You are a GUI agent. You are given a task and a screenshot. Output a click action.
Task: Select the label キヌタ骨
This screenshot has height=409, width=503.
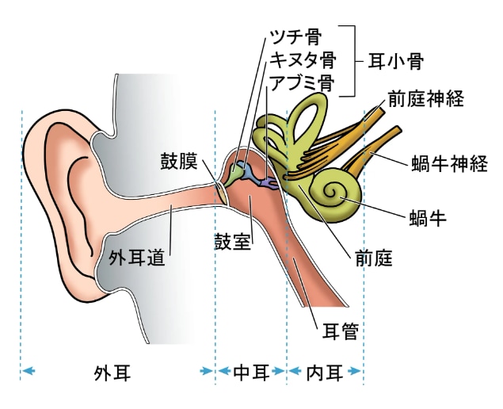303,59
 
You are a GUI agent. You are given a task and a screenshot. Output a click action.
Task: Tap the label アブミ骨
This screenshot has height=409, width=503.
302,83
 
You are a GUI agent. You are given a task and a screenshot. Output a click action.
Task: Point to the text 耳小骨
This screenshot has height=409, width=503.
395,61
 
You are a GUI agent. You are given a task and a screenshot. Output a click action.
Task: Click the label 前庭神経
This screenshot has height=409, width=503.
426,98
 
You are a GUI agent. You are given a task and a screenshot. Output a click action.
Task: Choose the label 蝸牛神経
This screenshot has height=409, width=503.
449,164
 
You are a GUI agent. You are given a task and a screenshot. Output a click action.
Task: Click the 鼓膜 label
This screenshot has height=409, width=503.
179,161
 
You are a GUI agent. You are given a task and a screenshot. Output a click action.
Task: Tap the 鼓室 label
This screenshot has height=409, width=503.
232,242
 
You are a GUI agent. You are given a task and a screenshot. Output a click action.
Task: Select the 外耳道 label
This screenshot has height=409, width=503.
137,257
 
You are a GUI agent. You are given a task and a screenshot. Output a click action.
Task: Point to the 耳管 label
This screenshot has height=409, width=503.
340,331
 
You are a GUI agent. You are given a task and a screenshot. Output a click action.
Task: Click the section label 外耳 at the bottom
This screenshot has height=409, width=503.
112,373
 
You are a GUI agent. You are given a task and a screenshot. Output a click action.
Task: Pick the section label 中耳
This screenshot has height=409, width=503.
251,373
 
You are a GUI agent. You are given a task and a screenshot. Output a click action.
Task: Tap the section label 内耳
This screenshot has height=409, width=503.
325,373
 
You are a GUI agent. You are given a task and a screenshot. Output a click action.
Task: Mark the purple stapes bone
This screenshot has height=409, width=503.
269,183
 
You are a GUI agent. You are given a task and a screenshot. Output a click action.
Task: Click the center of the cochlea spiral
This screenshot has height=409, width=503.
331,192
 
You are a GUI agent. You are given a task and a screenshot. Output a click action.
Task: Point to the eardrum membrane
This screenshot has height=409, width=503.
222,193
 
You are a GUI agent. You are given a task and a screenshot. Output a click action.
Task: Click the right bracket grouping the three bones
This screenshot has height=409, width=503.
352,61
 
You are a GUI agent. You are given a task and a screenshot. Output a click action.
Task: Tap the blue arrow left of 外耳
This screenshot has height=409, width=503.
29,372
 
